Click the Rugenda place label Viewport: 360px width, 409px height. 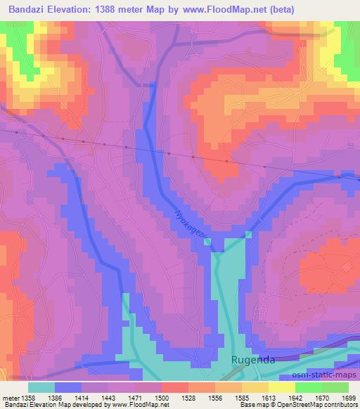(251, 360)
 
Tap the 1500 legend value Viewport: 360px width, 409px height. (161, 398)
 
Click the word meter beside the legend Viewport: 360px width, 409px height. (11, 398)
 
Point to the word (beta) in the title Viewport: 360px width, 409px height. (280, 9)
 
